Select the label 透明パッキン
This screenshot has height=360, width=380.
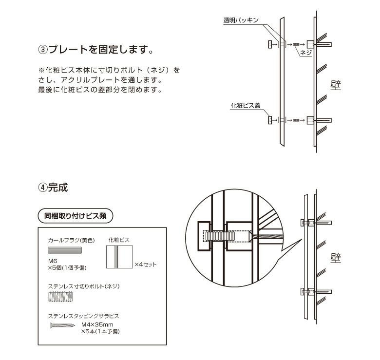[240, 21]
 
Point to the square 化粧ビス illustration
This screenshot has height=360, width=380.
[119, 256]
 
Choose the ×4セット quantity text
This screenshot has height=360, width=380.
[145, 265]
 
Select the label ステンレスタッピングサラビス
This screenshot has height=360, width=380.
[84, 315]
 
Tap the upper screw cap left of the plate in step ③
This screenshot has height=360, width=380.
[269, 44]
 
